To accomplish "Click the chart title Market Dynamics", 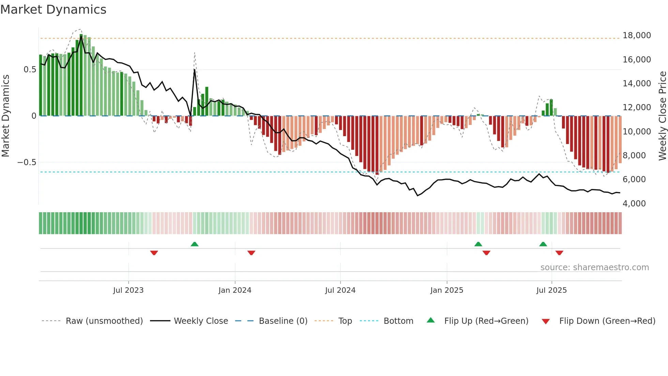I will coord(53,10).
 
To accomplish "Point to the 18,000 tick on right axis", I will coord(636,35).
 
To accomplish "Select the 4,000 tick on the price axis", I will coord(634,204).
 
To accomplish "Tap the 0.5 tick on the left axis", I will coord(30,70).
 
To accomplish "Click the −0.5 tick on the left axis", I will coord(27,162).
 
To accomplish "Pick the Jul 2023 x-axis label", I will coord(128,290).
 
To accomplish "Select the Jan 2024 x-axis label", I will coord(235,290).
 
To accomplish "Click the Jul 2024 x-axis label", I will coord(340,290).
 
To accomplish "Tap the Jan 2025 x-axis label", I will coord(446,290).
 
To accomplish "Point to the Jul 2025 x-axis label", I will coord(551,290).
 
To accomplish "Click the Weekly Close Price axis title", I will coord(662,116).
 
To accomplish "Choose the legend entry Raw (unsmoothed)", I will coord(104,321).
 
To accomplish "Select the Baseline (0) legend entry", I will coord(283,321).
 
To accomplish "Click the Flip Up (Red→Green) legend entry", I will coord(486,321).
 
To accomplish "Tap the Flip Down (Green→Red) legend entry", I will coord(607,321).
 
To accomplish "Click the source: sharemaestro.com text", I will coord(594,267).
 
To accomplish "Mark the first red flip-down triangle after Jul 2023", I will coord(154,253).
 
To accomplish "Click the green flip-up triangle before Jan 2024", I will coord(194,244).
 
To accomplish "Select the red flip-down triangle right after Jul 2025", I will coord(559,253).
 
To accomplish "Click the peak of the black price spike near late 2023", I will coord(194,70).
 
